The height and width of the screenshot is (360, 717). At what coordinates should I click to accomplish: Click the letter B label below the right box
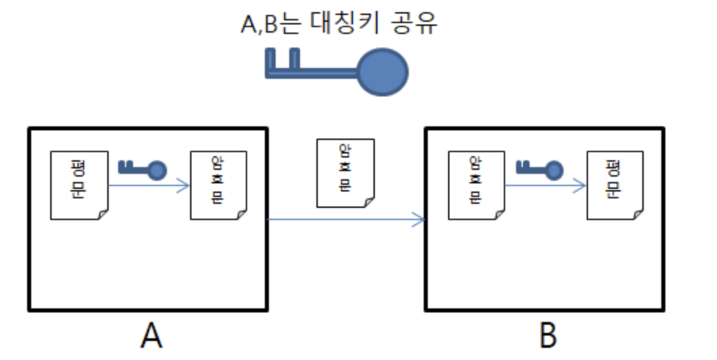click(x=547, y=336)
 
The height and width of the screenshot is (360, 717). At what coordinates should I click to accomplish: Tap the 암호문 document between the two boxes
click(x=346, y=173)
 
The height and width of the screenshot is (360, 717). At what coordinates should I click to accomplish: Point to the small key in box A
click(x=142, y=168)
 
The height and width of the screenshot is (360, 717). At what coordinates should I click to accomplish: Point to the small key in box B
click(x=539, y=168)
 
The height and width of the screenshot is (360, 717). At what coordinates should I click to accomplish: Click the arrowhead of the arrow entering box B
click(x=420, y=219)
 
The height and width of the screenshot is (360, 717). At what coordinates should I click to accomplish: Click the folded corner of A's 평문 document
click(x=102, y=214)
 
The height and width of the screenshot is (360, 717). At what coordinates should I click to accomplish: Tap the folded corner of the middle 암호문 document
click(x=368, y=202)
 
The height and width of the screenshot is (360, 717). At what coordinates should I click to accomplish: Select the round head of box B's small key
click(x=554, y=169)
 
